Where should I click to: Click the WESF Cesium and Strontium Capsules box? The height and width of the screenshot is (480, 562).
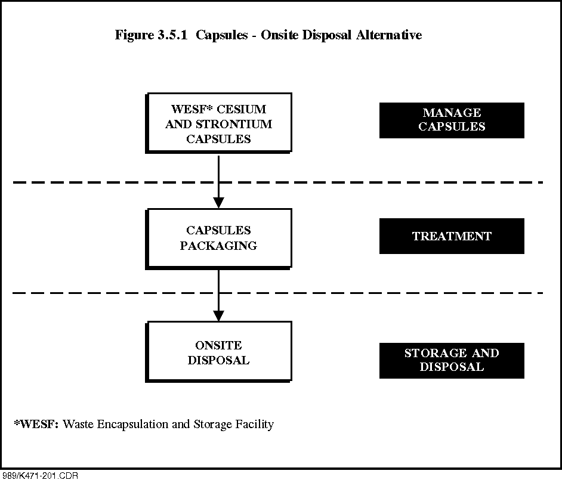[218, 123]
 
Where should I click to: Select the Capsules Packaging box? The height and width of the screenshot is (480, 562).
[218, 239]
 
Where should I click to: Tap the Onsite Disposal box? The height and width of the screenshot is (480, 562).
[218, 352]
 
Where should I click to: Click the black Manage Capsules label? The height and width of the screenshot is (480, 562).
[452, 120]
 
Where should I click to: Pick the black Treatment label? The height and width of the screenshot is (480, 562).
[452, 236]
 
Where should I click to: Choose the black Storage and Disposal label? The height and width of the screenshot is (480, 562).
[452, 360]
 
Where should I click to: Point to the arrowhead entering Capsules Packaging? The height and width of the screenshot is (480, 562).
[218, 203]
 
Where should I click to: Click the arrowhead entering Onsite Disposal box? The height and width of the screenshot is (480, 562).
[218, 315]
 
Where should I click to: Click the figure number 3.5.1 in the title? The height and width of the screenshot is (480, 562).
[172, 35]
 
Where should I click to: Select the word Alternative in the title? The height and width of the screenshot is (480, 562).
[389, 35]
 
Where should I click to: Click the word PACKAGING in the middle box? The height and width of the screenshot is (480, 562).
[218, 246]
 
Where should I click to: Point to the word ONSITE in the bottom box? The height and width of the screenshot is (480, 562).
[218, 345]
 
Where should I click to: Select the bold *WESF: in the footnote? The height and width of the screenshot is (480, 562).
[36, 424]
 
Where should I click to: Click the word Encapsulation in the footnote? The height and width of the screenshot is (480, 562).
[132, 425]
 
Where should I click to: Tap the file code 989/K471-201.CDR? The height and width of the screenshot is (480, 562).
[39, 476]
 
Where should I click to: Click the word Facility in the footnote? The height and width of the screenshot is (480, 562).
[255, 425]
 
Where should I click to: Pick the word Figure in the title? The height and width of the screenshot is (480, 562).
[134, 35]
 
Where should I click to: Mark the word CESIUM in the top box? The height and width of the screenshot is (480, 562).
[242, 109]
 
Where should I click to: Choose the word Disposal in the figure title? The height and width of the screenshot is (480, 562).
[326, 35]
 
